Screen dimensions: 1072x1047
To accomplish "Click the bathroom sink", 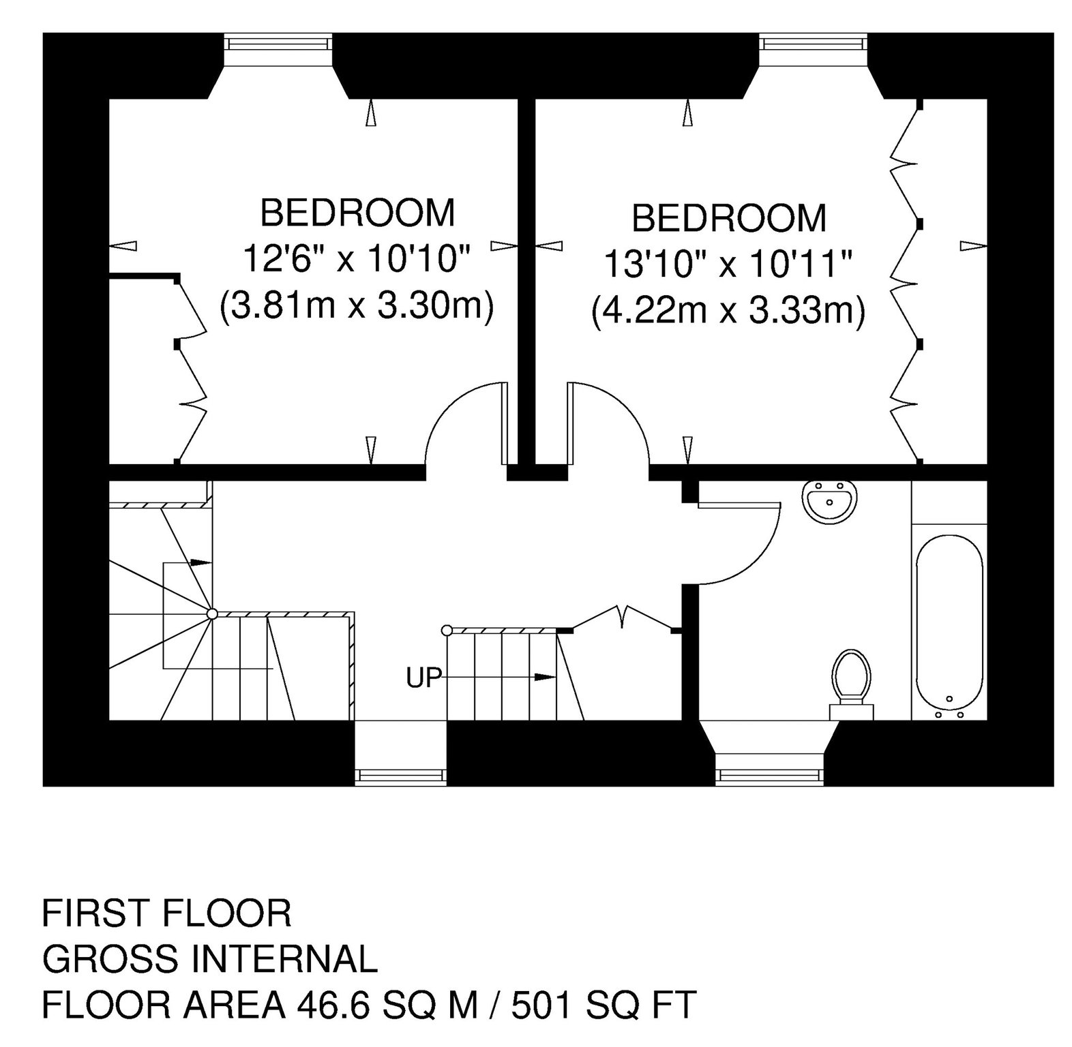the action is pyautogui.click(x=829, y=502).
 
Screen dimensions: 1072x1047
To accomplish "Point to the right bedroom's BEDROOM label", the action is pyautogui.click(x=729, y=218).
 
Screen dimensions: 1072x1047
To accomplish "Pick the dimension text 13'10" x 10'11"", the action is pyautogui.click(x=729, y=264).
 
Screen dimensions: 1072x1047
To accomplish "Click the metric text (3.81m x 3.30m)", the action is pyautogui.click(x=356, y=306).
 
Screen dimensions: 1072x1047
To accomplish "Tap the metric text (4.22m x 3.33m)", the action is pyautogui.click(x=728, y=312).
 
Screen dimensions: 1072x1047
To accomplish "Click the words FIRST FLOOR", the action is pyautogui.click(x=167, y=913).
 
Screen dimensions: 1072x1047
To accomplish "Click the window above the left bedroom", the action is pyautogui.click(x=280, y=44).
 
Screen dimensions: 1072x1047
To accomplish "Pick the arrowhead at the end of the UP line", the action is pyautogui.click(x=544, y=677).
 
